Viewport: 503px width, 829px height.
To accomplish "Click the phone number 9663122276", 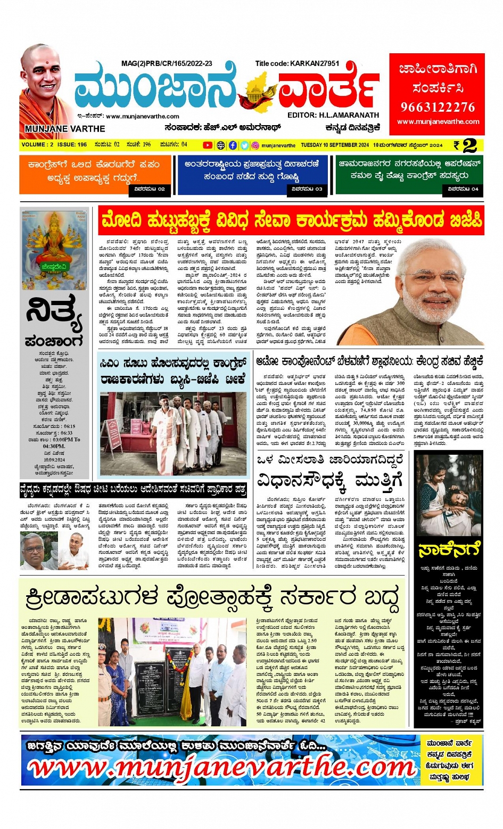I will click(438, 107).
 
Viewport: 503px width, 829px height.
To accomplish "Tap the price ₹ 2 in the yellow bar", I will click(465, 145).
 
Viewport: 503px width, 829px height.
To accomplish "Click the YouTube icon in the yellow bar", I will click(208, 145).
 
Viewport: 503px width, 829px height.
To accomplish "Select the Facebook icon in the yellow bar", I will click(233, 145).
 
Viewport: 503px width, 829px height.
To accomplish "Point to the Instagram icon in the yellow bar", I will click(255, 145).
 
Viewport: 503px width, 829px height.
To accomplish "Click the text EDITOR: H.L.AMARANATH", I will click(333, 115).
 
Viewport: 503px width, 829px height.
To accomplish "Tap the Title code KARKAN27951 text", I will click(297, 63).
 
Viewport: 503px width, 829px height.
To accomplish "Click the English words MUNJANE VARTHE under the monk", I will click(65, 129).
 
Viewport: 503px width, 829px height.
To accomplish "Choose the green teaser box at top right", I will click(409, 174).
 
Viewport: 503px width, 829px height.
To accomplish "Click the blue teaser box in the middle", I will click(252, 174).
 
